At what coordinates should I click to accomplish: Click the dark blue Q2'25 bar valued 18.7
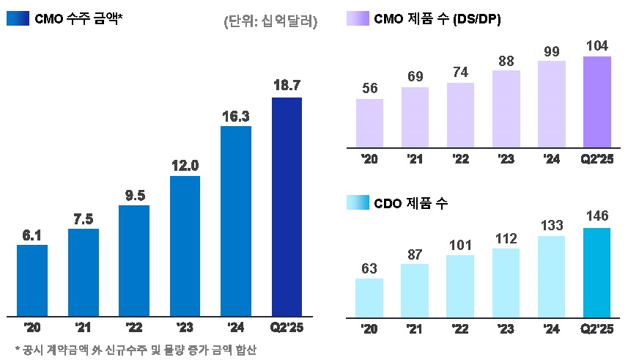[x=287, y=206]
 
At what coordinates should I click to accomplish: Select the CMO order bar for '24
[x=236, y=221]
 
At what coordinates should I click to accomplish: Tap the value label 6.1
[x=32, y=235]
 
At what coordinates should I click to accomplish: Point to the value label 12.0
[x=185, y=166]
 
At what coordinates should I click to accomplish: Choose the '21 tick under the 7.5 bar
[x=83, y=327]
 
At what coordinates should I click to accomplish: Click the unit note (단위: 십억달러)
[x=270, y=22]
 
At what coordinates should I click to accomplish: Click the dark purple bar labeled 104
[x=596, y=102]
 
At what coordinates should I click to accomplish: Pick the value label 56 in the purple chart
[x=370, y=89]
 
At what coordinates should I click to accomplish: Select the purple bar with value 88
[x=506, y=109]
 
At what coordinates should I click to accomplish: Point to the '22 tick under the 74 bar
[x=461, y=158]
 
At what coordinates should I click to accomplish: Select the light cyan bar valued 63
[x=369, y=298]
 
